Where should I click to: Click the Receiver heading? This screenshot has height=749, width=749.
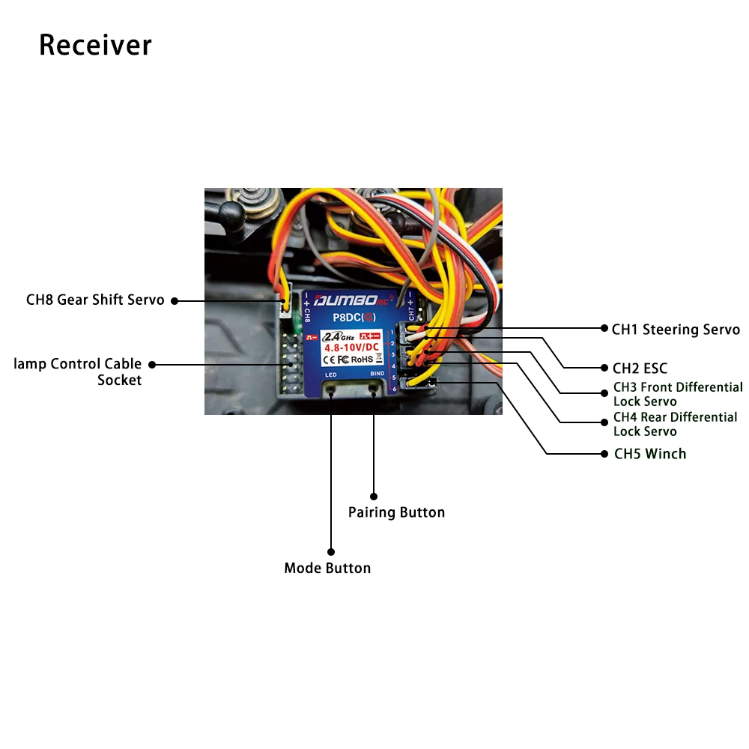95,45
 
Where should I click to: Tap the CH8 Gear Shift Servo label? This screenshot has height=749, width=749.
95,300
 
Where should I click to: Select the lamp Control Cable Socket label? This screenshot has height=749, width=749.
78,372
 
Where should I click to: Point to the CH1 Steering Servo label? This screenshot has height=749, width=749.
676,330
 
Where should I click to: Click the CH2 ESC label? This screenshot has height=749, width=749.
639,369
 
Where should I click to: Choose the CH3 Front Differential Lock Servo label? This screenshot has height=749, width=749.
677,394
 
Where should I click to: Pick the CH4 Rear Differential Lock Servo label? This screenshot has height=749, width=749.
675,424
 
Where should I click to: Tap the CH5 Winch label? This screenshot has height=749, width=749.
649,454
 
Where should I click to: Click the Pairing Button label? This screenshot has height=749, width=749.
396,512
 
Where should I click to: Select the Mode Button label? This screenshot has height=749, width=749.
327,568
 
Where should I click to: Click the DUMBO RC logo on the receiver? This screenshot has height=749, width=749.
352,302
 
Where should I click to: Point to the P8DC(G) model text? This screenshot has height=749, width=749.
354,318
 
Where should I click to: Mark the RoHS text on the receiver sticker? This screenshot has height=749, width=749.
363,359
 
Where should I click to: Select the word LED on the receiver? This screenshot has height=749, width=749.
330,374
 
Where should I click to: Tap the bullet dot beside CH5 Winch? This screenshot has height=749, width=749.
604,454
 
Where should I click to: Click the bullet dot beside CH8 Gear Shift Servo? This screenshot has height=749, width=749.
174,301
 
